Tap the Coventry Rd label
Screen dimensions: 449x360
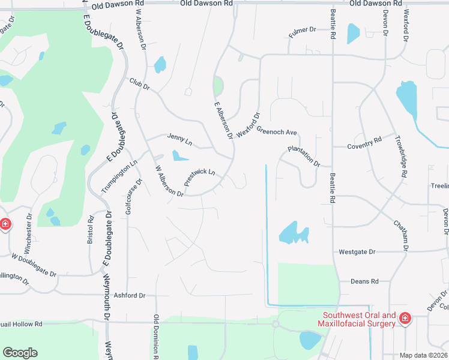(365, 143)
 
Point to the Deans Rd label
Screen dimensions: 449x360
(365, 281)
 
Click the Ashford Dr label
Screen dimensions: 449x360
(130, 295)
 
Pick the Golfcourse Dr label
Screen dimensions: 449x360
(132, 195)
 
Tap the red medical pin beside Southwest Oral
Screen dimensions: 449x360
(405, 317)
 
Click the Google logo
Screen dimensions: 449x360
(20, 352)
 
